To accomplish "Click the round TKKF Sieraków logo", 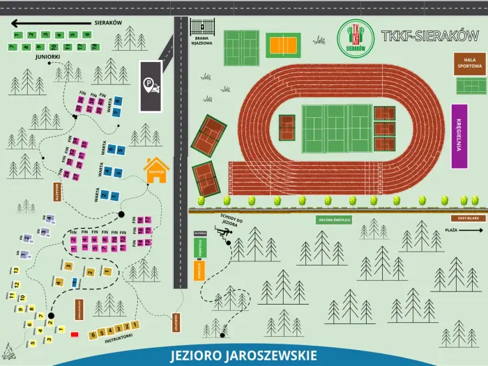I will (356, 37).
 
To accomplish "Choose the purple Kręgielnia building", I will (459, 136).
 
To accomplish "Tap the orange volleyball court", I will (283, 45).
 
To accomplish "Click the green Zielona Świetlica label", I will (334, 220).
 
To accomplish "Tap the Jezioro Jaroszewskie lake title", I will (243, 355).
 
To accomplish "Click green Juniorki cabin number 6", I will (87, 34).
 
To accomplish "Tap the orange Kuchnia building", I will (199, 269).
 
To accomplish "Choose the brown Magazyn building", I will (56, 190).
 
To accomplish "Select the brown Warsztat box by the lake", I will (175, 323).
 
